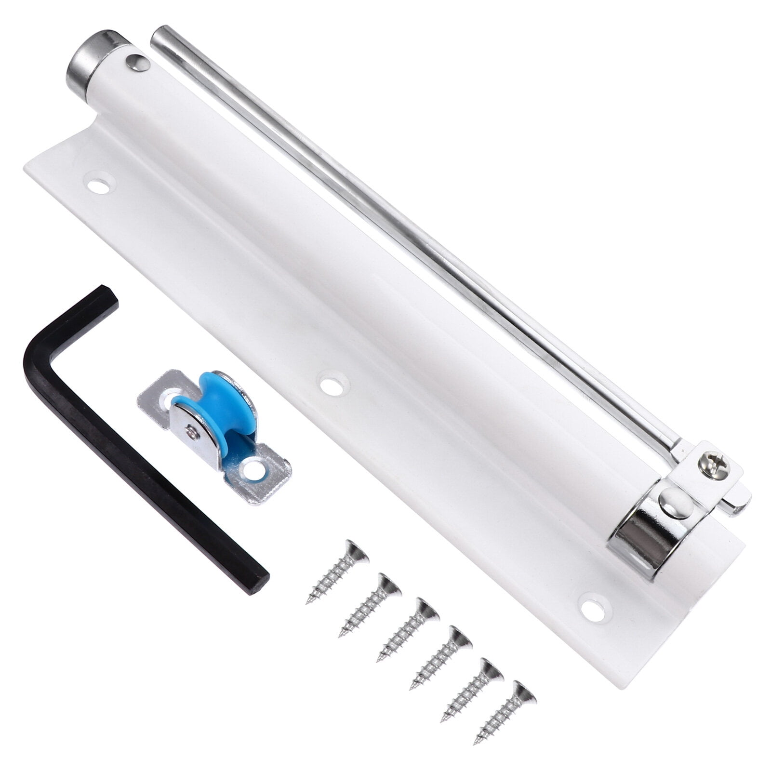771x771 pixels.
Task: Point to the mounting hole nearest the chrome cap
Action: [99, 186]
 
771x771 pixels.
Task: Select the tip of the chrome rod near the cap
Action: [159, 36]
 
